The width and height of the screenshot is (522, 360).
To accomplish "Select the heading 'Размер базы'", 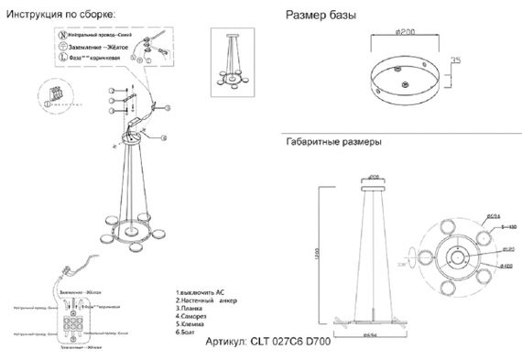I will coord(321,16).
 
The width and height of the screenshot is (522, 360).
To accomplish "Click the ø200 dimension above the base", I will coord(406,33).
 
